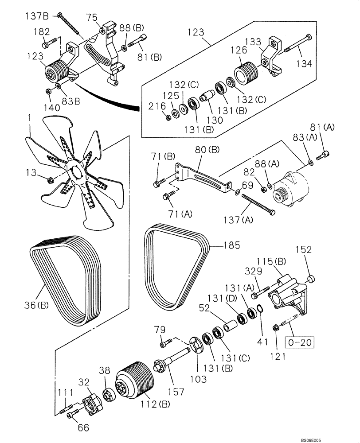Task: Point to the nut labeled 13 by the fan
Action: (50, 179)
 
